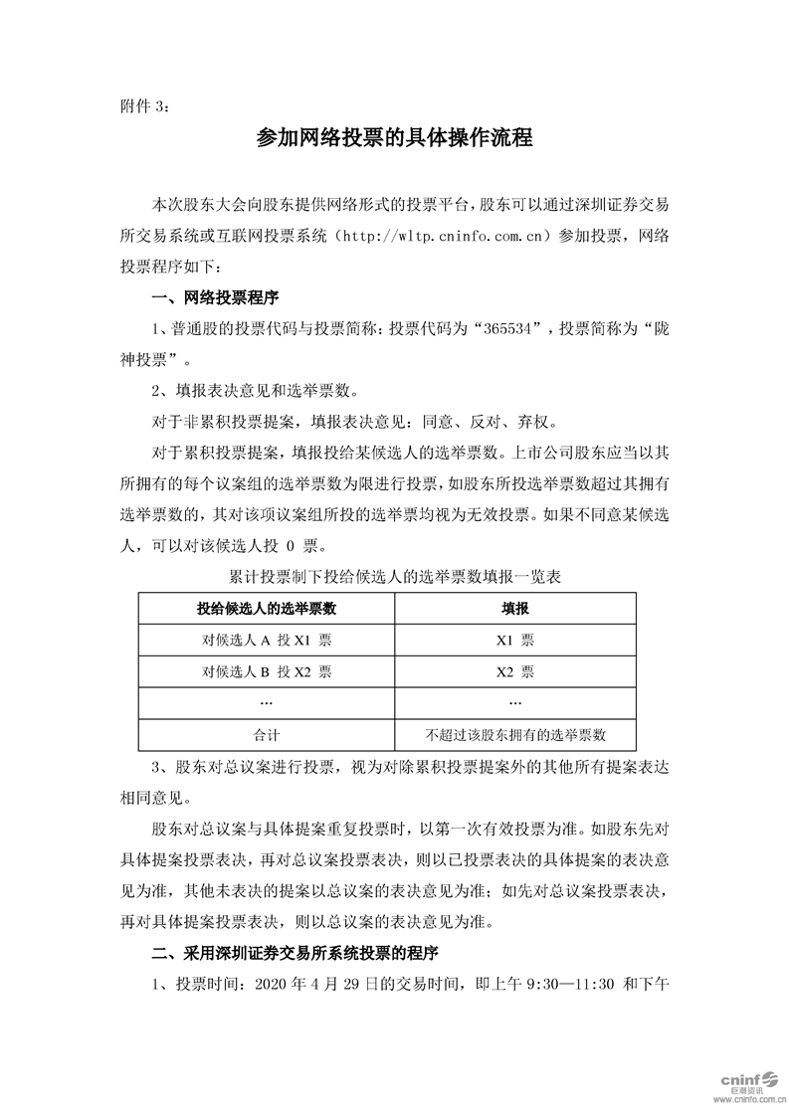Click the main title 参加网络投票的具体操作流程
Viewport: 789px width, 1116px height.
tap(394, 139)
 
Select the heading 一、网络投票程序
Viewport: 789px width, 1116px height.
tap(214, 297)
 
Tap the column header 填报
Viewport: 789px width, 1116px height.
tap(514, 608)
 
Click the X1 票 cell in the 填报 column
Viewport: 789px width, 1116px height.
tap(514, 640)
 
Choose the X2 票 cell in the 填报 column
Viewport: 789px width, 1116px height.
tap(514, 671)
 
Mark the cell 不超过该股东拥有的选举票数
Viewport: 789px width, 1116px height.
tap(514, 735)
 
